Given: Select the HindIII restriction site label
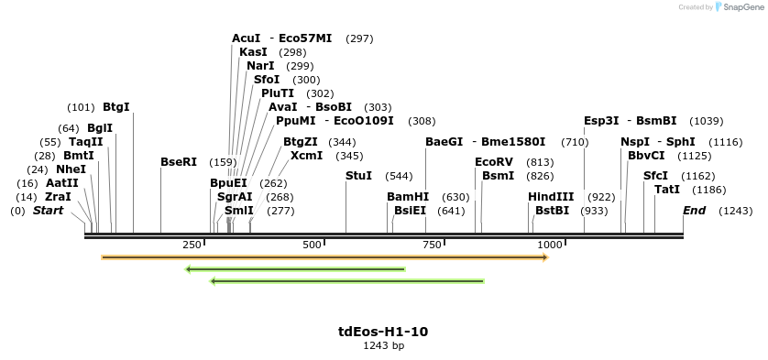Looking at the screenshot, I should pyautogui.click(x=551, y=196).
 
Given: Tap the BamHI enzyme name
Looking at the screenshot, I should pyautogui.click(x=408, y=196).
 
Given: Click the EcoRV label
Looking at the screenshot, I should pyautogui.click(x=494, y=161).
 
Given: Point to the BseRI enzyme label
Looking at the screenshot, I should pyautogui.click(x=179, y=161).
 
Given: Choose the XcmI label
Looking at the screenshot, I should pyautogui.click(x=306, y=156).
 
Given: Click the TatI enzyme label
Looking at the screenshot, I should pyautogui.click(x=667, y=189).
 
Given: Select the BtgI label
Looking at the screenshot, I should pyautogui.click(x=116, y=106).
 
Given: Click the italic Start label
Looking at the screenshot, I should pyautogui.click(x=49, y=211).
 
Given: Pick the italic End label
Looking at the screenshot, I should pyautogui.click(x=695, y=211).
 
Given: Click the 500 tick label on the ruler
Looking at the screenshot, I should pyautogui.click(x=313, y=245).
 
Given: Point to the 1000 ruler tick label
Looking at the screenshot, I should pyautogui.click(x=550, y=245).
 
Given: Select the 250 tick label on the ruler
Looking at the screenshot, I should pyautogui.click(x=192, y=245).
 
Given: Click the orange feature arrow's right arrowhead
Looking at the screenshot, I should pyautogui.click(x=544, y=257).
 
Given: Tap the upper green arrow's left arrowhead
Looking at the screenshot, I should pyautogui.click(x=188, y=269).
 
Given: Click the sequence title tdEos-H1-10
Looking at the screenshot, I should pyautogui.click(x=383, y=331).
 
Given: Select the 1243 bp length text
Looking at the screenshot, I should pyautogui.click(x=383, y=345).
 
